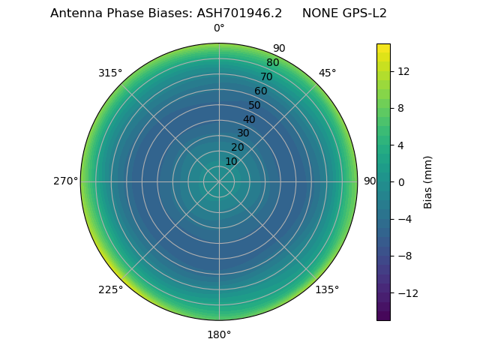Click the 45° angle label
pyautogui.click(x=328, y=73)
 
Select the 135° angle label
pyautogui.click(x=327, y=289)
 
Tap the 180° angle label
pyautogui.click(x=219, y=334)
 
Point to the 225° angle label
pyautogui.click(x=110, y=289)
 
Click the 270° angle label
pyautogui.click(x=65, y=181)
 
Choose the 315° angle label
pyautogui.click(x=110, y=73)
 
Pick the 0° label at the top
pyautogui.click(x=219, y=28)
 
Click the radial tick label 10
pyautogui.click(x=231, y=161)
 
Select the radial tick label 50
pyautogui.click(x=255, y=105)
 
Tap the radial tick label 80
pyautogui.click(x=273, y=63)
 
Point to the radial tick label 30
pyautogui.click(x=243, y=133)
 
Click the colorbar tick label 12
pyautogui.click(x=403, y=71)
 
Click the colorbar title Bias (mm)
pyautogui.click(x=428, y=182)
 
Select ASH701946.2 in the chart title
pyautogui.click(x=240, y=13)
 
